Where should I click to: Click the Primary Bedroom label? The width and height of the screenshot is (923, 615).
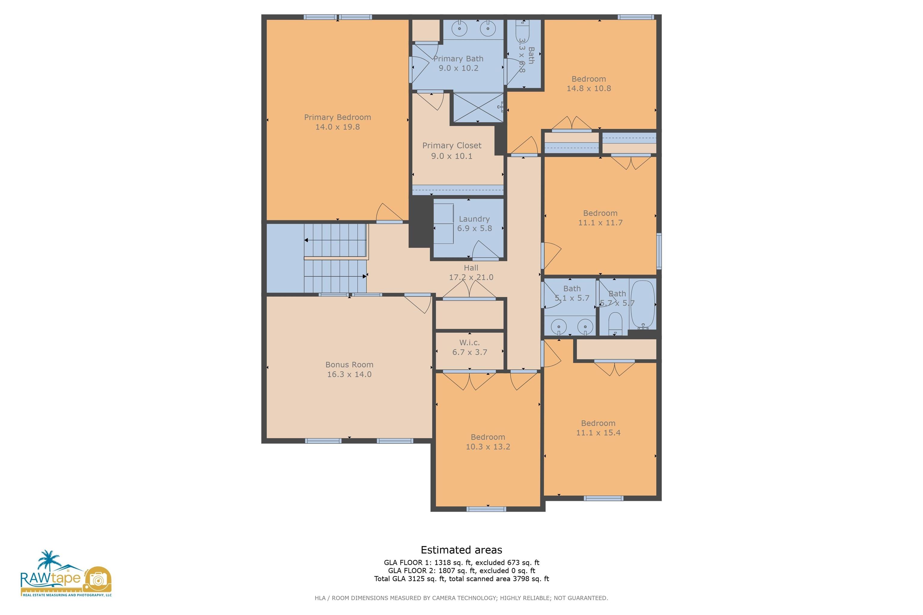[x=337, y=117]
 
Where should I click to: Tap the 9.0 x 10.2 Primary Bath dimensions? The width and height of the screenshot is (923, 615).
[x=458, y=68]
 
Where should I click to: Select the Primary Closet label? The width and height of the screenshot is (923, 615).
[x=452, y=146]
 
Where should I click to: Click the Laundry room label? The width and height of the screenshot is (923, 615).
[x=474, y=219]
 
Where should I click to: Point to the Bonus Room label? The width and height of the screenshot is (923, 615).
[x=349, y=365]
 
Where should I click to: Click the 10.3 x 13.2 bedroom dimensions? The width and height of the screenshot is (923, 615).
[x=488, y=447]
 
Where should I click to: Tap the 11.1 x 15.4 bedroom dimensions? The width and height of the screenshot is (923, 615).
[x=598, y=433]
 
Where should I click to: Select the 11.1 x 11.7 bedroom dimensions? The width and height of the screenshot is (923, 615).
[x=600, y=223]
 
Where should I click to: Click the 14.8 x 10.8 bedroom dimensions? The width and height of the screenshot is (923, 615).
[x=589, y=89]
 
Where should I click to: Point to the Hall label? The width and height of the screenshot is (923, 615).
[x=471, y=268]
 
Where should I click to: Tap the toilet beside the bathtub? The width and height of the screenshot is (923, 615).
[x=615, y=324]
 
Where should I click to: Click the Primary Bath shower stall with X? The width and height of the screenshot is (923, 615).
[x=478, y=107]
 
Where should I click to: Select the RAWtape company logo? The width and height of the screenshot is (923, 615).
[x=66, y=574]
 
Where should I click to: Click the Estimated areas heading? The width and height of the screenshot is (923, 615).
[x=461, y=550]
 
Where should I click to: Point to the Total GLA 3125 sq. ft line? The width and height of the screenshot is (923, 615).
[x=461, y=579]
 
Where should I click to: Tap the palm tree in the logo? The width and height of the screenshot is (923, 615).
[x=49, y=560]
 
